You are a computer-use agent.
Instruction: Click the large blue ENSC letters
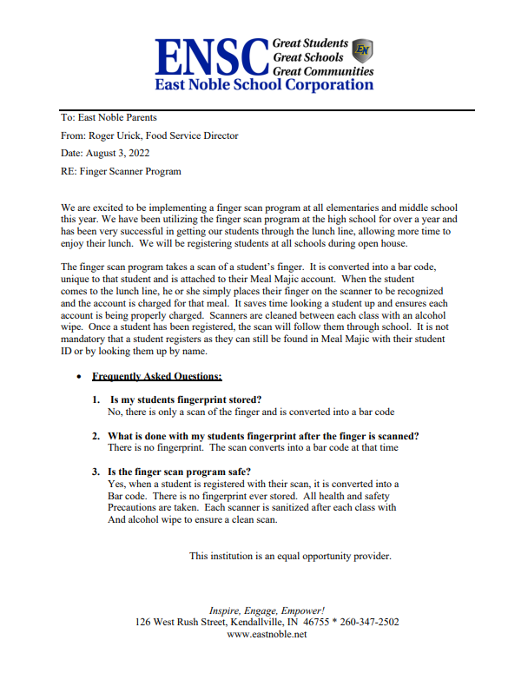pos(210,56)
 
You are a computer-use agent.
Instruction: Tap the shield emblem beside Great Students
pos(364,49)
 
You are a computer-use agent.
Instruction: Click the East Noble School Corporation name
pos(263,85)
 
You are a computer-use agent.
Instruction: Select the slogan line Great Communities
pos(323,71)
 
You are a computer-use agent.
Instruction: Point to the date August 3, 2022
pos(117,154)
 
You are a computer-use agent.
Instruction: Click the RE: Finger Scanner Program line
pos(121,172)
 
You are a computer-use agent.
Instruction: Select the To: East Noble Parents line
pos(109,117)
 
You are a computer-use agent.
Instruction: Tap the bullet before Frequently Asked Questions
pos(80,378)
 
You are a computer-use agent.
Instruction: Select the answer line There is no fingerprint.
pos(252,448)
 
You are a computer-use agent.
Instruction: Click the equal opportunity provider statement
pos(290,556)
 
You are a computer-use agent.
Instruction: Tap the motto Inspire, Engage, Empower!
pos(267,611)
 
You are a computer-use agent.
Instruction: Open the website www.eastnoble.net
pos(267,635)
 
